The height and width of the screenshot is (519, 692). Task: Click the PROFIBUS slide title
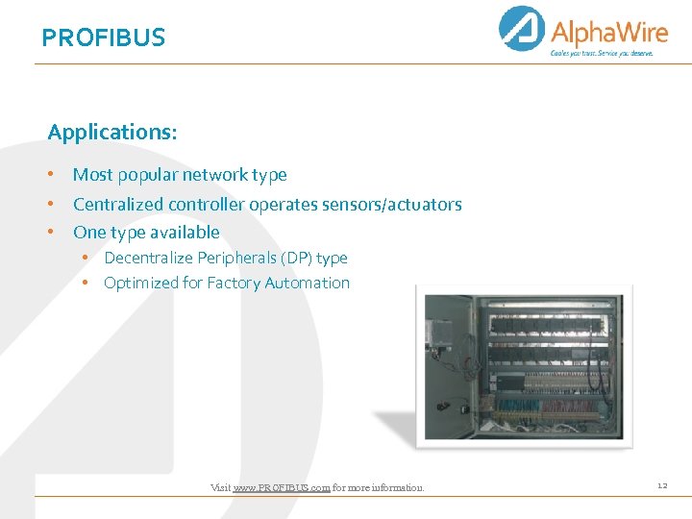[x=104, y=37]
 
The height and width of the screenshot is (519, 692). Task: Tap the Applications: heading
[x=112, y=132]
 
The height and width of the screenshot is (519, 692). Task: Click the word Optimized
[x=141, y=283]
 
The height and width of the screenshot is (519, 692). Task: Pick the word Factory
[x=235, y=283]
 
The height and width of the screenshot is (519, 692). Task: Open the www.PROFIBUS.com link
[x=282, y=488]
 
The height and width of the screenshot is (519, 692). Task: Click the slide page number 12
[x=662, y=486]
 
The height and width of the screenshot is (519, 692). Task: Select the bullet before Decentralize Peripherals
[x=86, y=258]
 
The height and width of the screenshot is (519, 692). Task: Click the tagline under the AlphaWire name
[x=602, y=53]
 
